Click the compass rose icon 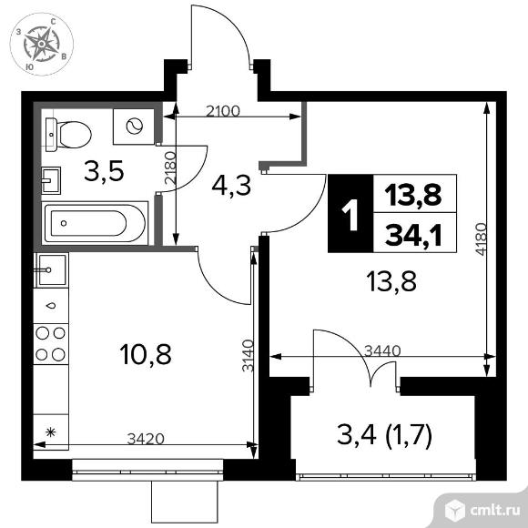click(x=41, y=42)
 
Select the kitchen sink click(x=50, y=271)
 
